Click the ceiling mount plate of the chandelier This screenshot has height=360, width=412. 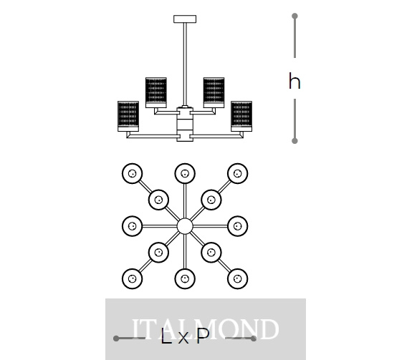tap(185, 19)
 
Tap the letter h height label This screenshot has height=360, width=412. tap(294, 81)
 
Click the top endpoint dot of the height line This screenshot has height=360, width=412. tap(294, 16)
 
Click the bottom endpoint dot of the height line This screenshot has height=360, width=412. tap(294, 141)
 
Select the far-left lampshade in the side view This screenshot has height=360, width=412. tap(128, 116)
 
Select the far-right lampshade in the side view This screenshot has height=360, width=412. tap(241, 116)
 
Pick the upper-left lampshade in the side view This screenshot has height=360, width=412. tap(156, 92)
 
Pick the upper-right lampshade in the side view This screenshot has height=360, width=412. tap(214, 92)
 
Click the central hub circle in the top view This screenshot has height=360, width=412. tap(185, 226)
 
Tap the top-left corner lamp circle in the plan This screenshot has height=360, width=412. tap(132, 173)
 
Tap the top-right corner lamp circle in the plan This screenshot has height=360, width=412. tap(238, 173)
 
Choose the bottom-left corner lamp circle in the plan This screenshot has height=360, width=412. tap(132, 278)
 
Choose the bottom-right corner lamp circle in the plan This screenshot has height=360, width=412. tap(238, 278)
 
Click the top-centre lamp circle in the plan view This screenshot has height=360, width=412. tap(185, 173)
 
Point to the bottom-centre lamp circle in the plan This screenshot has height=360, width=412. tap(185, 278)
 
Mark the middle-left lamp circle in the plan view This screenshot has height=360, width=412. tap(132, 226)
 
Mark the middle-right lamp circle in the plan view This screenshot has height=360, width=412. tap(238, 226)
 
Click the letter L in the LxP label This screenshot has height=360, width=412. tap(166, 336)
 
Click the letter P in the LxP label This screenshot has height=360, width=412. tap(203, 336)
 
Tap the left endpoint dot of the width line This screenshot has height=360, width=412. tap(116, 339)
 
